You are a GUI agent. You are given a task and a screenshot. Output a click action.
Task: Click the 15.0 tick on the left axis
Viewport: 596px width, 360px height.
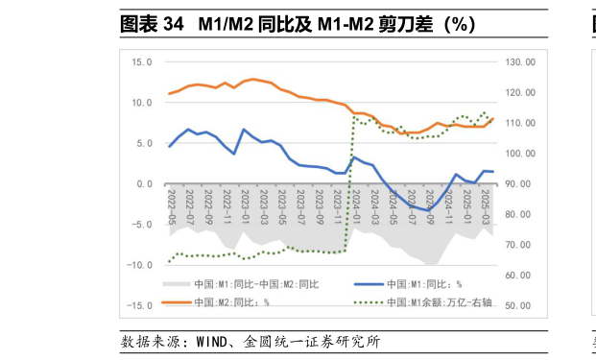(142, 61)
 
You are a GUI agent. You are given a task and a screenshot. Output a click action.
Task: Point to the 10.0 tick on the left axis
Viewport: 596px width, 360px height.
(142, 103)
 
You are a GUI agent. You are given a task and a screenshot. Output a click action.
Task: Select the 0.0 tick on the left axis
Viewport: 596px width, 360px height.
(145, 184)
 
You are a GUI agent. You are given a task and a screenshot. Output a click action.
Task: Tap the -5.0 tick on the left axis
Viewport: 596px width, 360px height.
(142, 225)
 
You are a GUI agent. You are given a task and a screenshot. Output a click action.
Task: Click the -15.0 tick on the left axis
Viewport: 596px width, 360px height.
(140, 306)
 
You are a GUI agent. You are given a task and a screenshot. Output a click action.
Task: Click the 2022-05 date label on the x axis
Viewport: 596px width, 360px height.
(171, 205)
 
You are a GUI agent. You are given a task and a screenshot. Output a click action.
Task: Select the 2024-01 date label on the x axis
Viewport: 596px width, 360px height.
(355, 205)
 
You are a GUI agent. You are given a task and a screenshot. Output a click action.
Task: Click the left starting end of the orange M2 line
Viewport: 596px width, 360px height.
(170, 94)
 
